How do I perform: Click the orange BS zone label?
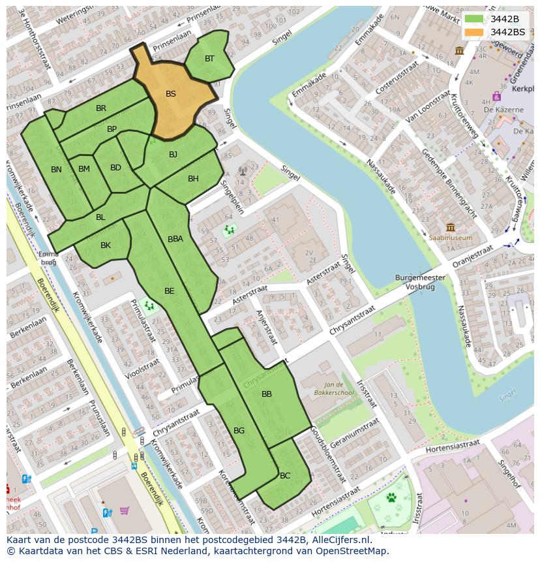[170, 94]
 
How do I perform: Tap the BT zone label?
[209, 59]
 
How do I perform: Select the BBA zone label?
[175, 239]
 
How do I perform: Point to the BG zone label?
[239, 431]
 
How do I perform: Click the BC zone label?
[285, 476]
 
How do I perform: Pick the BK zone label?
[106, 245]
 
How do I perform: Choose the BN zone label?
[56, 170]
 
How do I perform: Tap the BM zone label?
[84, 169]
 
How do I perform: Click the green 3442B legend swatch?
[474, 19]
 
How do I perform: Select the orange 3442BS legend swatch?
[474, 32]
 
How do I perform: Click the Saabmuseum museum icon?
[450, 227]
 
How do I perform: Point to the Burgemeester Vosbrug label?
[420, 282]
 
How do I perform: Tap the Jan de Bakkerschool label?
[338, 389]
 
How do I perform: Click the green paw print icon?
[391, 498]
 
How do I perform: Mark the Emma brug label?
[49, 257]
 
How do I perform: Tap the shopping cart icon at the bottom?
[124, 510]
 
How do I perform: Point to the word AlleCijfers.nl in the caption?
[339, 540]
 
